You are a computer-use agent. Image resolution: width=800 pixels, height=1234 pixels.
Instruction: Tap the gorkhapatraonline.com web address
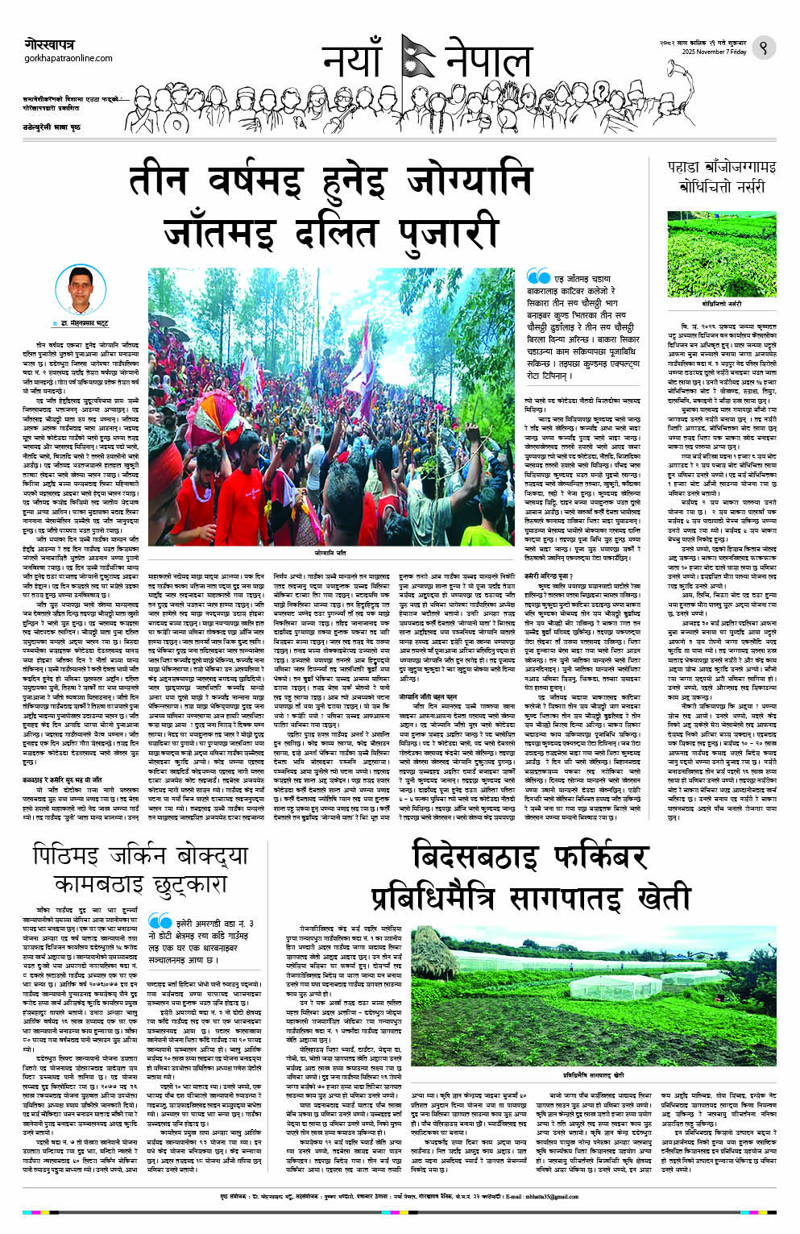(68, 58)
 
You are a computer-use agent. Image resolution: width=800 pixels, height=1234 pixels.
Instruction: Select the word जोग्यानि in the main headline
(470, 180)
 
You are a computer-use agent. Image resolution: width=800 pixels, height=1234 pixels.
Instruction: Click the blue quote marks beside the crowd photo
(538, 278)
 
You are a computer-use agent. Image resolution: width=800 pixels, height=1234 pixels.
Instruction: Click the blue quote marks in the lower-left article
(160, 920)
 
